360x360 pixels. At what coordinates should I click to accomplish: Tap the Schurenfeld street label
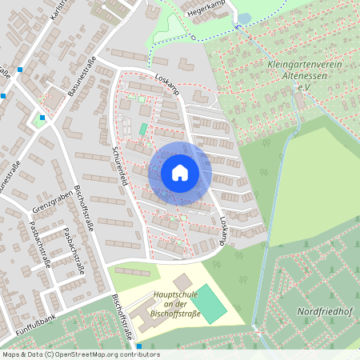121,166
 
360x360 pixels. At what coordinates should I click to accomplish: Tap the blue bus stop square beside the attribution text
139,346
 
